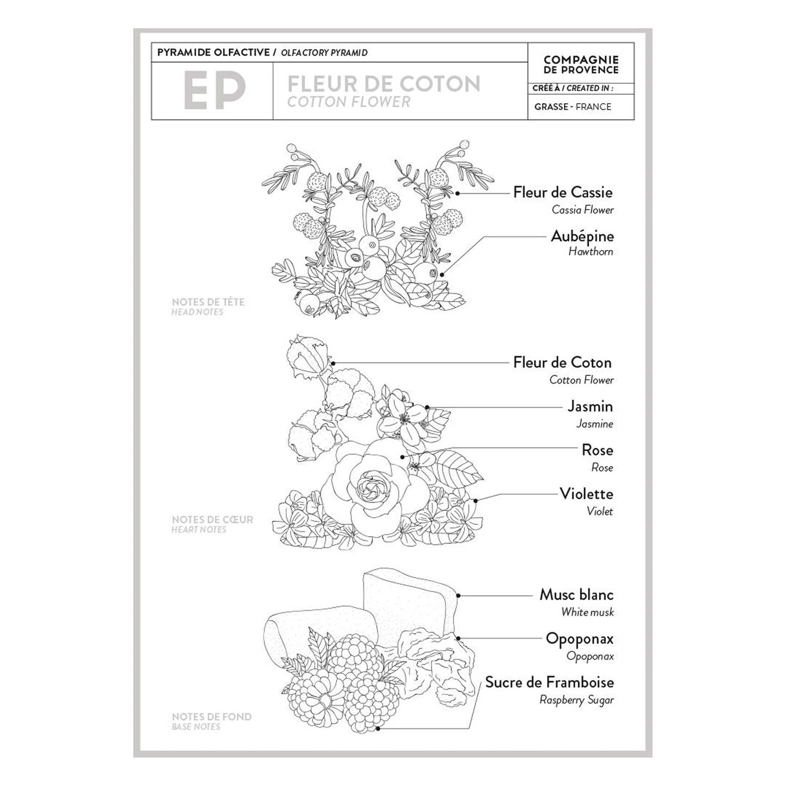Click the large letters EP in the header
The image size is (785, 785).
click(x=214, y=91)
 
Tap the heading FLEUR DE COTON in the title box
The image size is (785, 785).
click(x=384, y=84)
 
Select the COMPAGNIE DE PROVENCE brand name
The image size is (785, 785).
click(x=581, y=65)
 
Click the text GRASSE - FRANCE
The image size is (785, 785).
click(x=573, y=107)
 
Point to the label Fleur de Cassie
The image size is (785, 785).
click(x=563, y=192)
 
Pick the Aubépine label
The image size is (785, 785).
click(x=582, y=236)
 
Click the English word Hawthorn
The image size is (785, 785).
click(x=591, y=252)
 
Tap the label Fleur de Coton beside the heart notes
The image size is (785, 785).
click(x=562, y=362)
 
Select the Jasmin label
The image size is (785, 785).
click(x=590, y=406)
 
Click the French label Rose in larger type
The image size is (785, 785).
click(x=597, y=450)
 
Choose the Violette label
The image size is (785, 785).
click(x=586, y=494)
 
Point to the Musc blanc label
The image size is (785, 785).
click(x=576, y=594)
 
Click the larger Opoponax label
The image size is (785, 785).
click(x=579, y=639)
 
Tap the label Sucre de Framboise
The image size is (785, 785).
click(x=549, y=682)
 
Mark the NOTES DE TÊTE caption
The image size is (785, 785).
click(x=208, y=302)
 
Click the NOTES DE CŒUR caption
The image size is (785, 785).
click(x=212, y=520)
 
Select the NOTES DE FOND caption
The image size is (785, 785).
click(x=211, y=717)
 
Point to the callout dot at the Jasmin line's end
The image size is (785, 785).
click(x=428, y=407)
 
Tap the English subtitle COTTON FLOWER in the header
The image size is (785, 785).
click(x=349, y=102)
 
